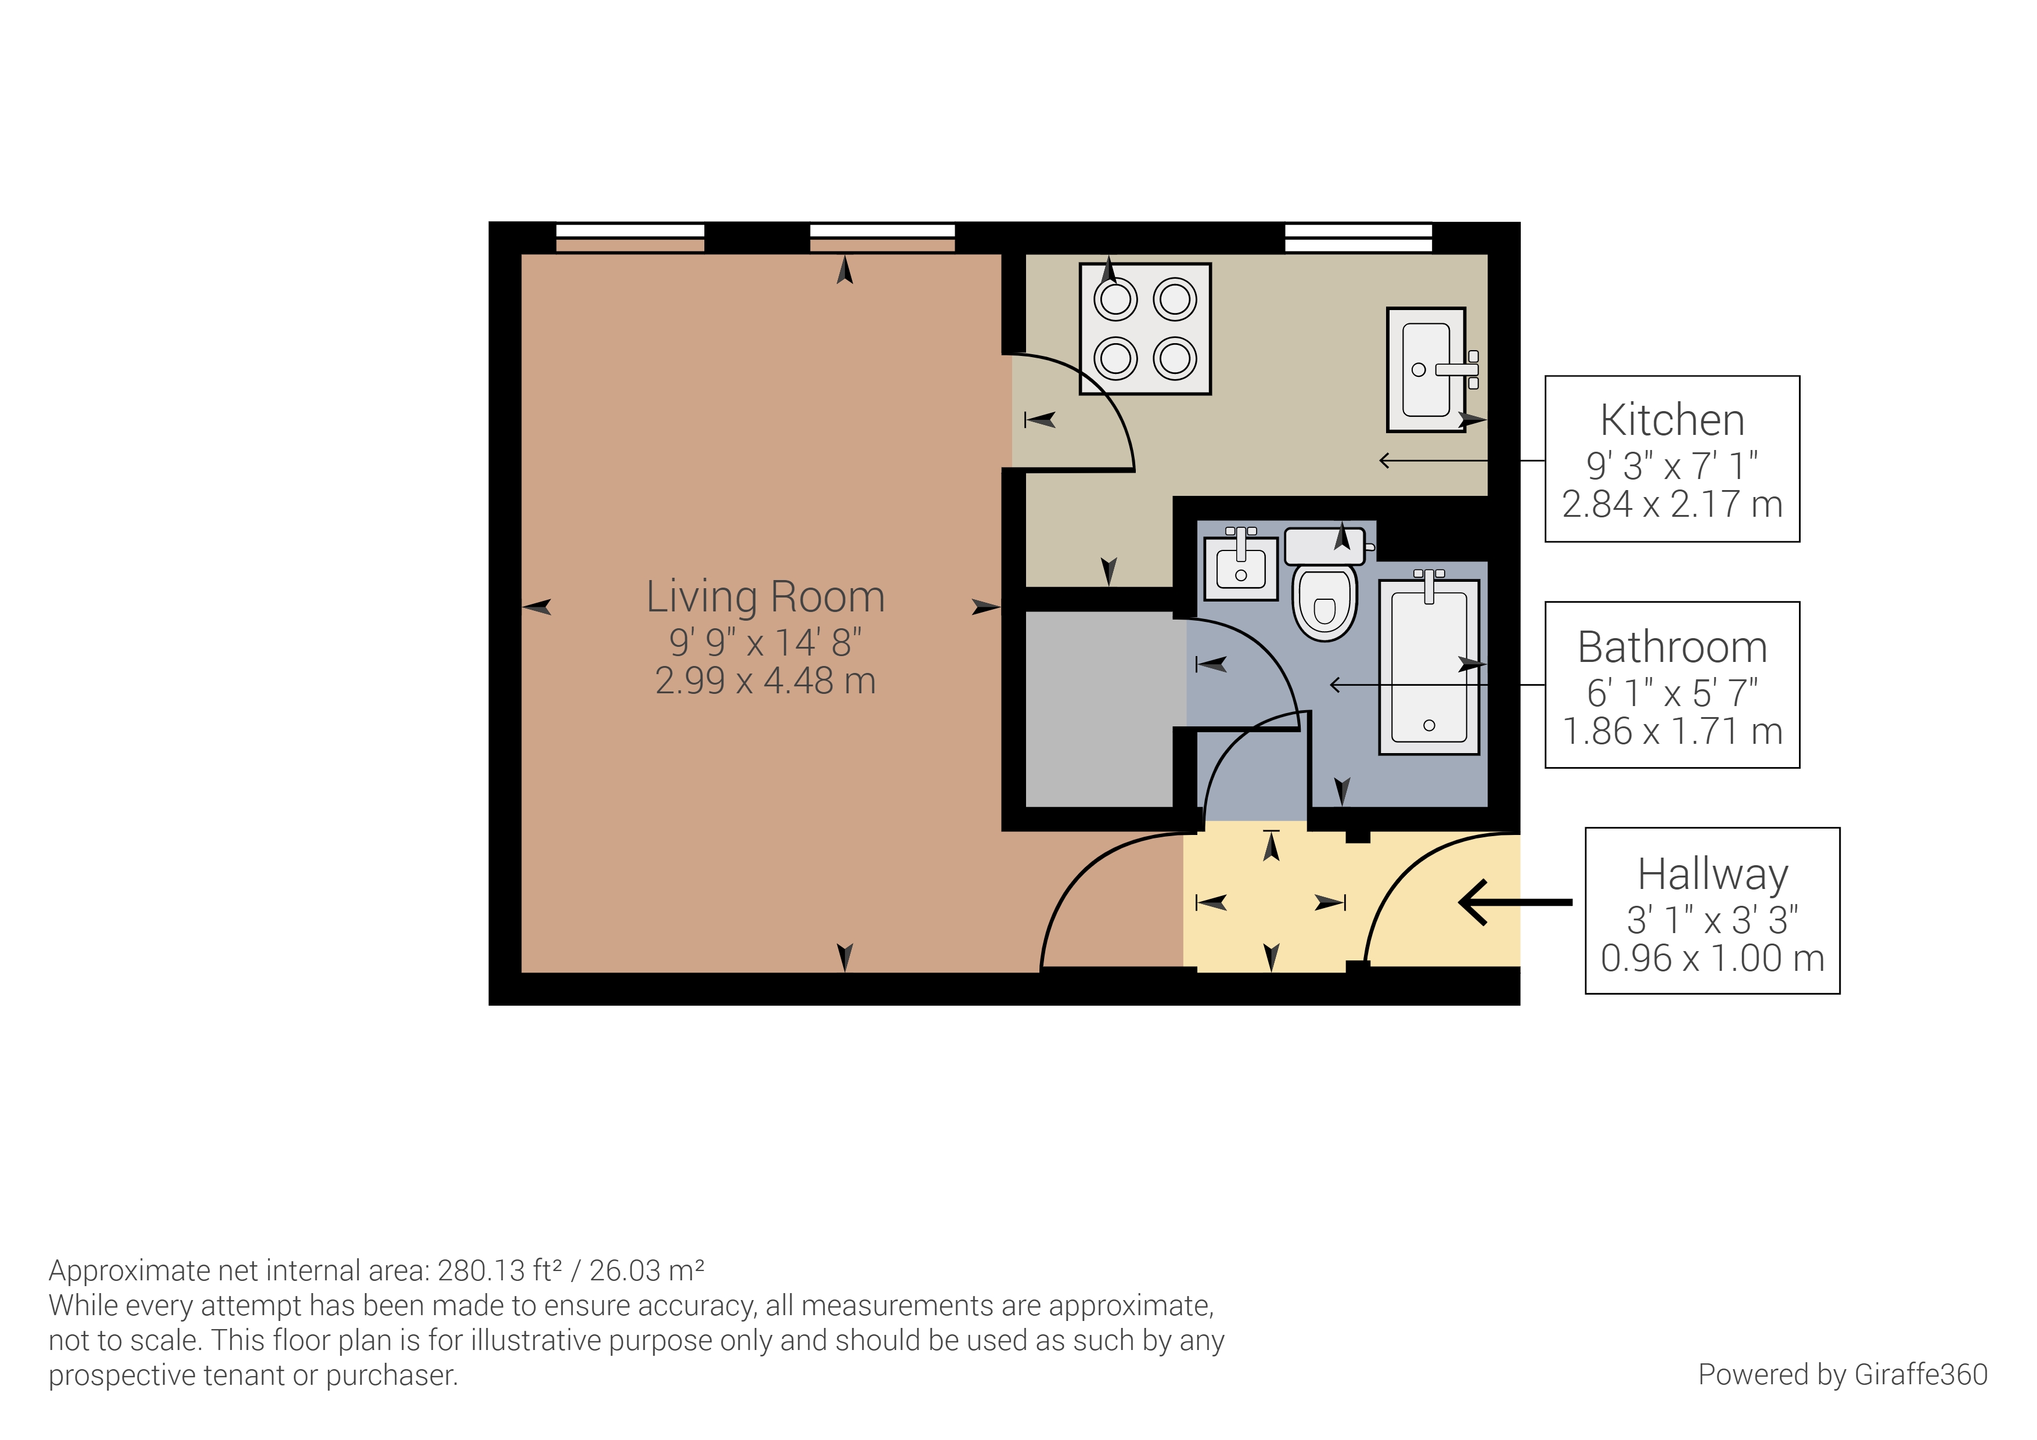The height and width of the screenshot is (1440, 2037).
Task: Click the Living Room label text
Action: tap(765, 596)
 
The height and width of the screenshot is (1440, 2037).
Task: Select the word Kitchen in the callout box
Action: tap(1672, 420)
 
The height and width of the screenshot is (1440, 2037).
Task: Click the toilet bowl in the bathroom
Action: tap(1324, 603)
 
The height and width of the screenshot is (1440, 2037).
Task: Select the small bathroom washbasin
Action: tap(1240, 568)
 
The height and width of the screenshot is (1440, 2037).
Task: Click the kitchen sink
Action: tap(1425, 370)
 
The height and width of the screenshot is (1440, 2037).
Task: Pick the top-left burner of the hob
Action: tap(1115, 300)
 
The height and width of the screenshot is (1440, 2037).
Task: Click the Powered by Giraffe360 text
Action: tap(1842, 1374)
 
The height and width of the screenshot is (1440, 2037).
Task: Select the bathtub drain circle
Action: tap(1428, 725)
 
